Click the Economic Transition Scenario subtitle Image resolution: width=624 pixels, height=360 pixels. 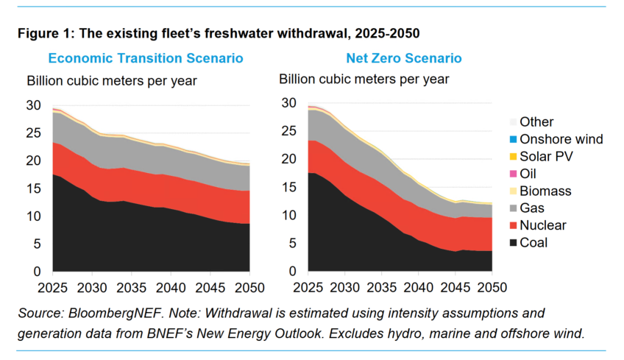[x=146, y=58]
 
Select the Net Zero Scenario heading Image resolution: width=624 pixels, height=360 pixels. [x=404, y=58]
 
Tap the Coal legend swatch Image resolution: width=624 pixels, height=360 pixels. [x=514, y=242]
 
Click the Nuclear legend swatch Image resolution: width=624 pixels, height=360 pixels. [x=514, y=225]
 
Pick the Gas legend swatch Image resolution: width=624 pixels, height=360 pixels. [x=514, y=208]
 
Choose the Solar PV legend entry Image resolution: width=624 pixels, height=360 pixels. [x=542, y=157]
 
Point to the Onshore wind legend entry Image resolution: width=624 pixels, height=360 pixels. [x=556, y=139]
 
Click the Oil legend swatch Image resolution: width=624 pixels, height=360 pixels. [x=514, y=174]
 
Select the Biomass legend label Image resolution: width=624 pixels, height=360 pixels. [x=545, y=191]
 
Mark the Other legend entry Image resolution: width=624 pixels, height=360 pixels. [x=532, y=122]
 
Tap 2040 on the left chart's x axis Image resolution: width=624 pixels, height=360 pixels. [x=171, y=288]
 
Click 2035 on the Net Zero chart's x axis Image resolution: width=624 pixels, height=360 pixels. [x=382, y=288]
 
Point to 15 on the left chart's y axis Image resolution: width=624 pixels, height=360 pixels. [x=33, y=188]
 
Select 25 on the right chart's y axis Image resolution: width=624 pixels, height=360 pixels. [x=289, y=131]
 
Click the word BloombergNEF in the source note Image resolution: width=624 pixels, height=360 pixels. [x=116, y=314]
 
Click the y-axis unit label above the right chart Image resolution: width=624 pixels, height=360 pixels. [x=364, y=80]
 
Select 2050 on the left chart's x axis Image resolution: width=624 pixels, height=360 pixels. [x=249, y=288]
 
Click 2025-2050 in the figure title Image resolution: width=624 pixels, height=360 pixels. [x=387, y=33]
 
